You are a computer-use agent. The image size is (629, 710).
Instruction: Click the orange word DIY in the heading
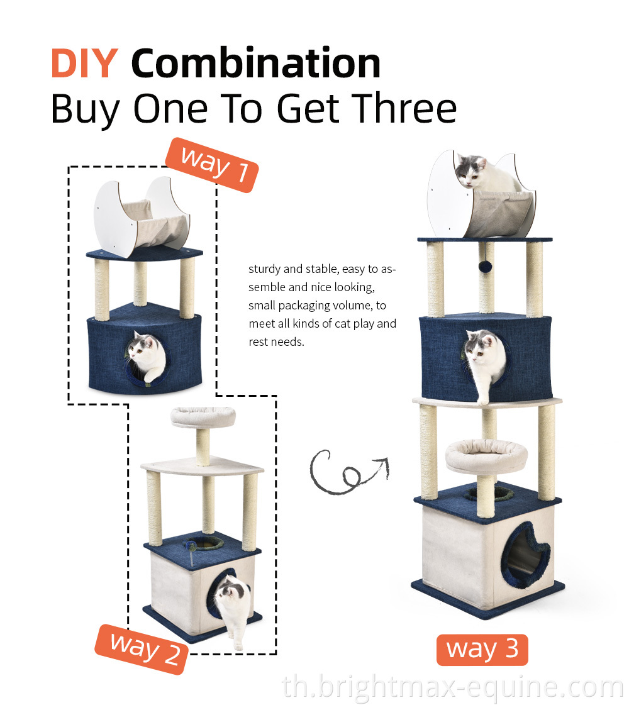click(84, 64)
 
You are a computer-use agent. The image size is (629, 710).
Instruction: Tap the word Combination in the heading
click(256, 63)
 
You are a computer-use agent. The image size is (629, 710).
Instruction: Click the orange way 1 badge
click(212, 165)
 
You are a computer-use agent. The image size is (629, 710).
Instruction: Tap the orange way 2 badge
click(142, 649)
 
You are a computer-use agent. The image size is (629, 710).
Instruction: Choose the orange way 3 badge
click(482, 650)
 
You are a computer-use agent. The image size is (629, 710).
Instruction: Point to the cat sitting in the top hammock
click(487, 174)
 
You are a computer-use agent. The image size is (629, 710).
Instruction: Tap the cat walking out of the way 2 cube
click(234, 609)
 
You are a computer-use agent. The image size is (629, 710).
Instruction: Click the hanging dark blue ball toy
click(486, 266)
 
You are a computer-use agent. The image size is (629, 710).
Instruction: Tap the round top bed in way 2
click(203, 416)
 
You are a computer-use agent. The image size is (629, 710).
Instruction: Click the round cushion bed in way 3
click(486, 455)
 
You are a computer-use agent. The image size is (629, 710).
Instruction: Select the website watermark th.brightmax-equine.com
click(453, 687)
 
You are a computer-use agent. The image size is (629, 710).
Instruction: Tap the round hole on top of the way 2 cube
click(204, 543)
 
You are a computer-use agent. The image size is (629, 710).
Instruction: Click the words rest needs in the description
click(276, 342)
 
